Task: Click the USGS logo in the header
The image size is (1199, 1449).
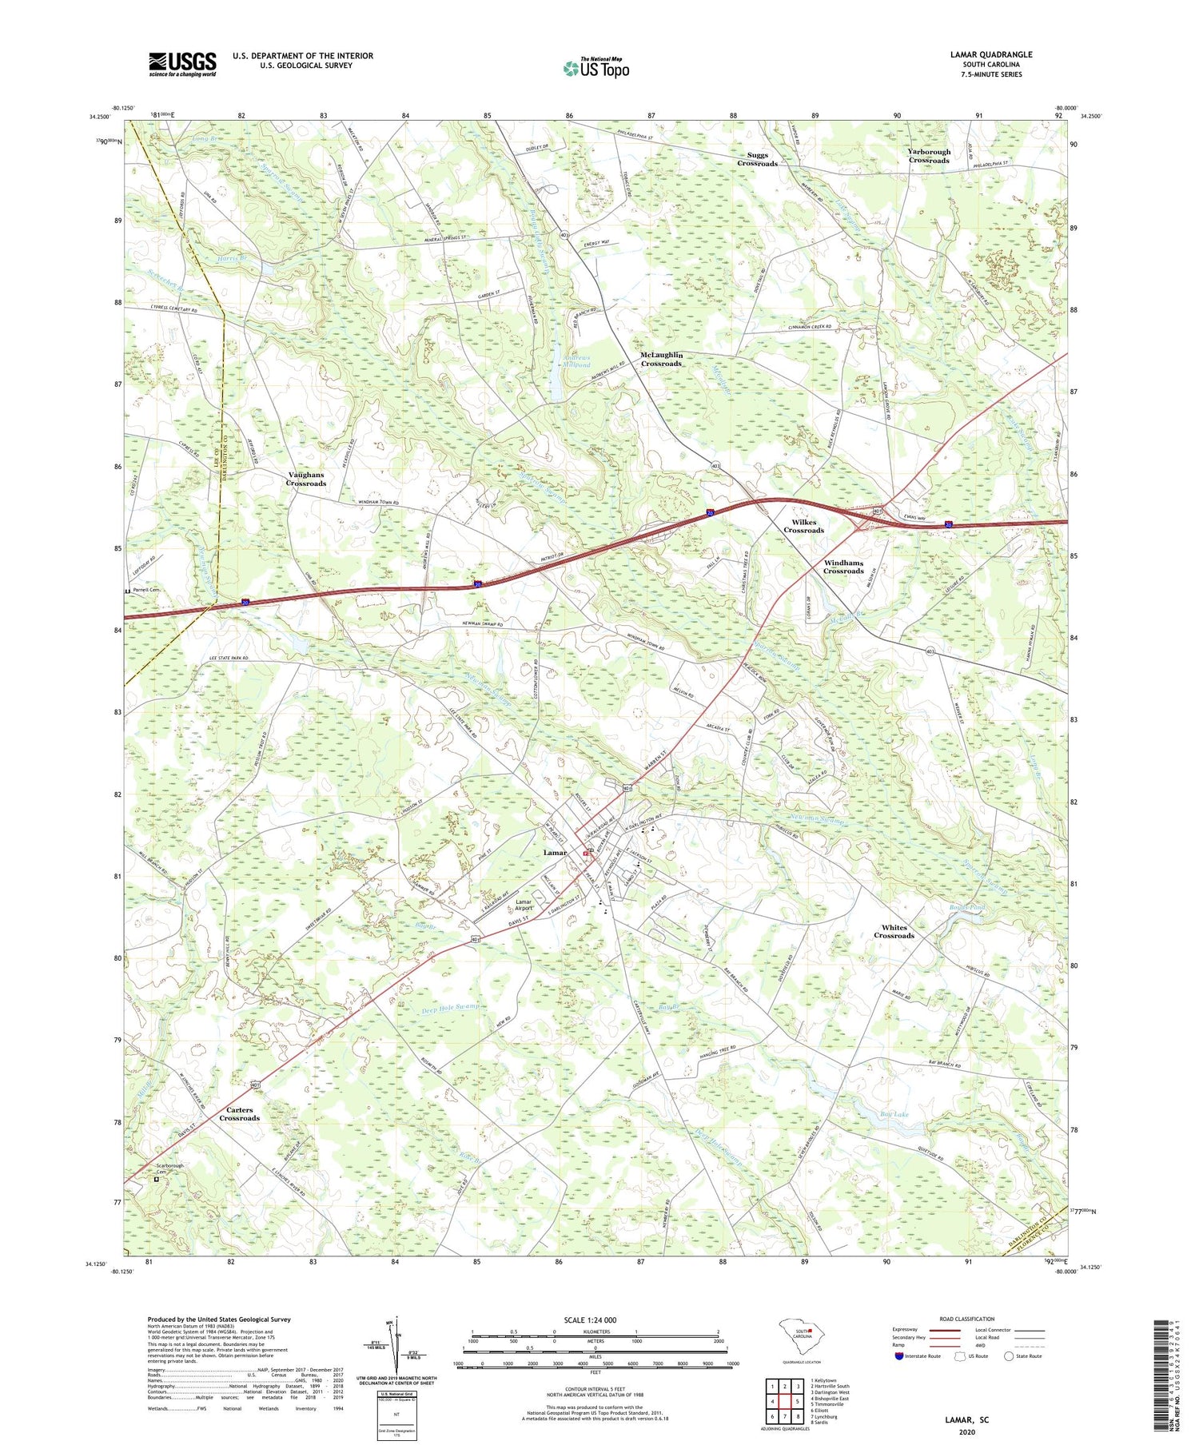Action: [x=182, y=64]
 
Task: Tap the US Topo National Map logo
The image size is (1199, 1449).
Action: [x=596, y=69]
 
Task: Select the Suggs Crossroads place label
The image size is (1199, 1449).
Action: [x=756, y=159]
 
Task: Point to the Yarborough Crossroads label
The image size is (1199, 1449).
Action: [x=928, y=156]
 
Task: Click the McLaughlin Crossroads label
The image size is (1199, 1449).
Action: [x=660, y=359]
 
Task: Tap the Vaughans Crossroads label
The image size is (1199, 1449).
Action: [x=306, y=479]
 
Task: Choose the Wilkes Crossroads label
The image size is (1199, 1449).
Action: [x=803, y=525]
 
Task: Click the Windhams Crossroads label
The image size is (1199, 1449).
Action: [x=843, y=567]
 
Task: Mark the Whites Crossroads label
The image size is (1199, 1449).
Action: [x=893, y=931]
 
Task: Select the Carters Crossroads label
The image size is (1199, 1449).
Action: [x=239, y=1113]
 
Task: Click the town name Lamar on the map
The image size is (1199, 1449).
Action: [x=555, y=852]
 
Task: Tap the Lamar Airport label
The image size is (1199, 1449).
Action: [x=524, y=906]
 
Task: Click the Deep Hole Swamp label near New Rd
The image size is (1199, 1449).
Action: [x=450, y=1007]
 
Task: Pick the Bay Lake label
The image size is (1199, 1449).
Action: [x=894, y=1113]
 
